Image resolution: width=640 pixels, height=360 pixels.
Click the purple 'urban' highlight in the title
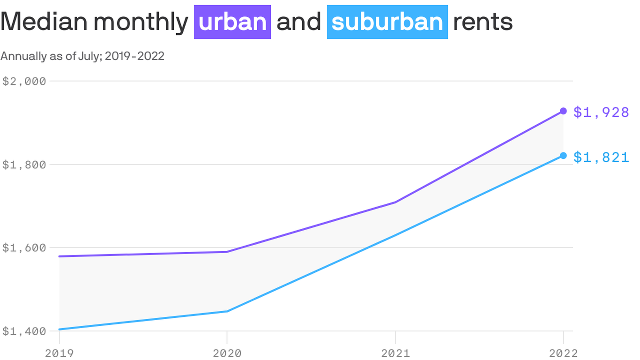(232, 22)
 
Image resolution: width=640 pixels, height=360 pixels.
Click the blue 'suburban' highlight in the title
(387, 22)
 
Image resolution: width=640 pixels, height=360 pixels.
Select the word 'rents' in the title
(483, 22)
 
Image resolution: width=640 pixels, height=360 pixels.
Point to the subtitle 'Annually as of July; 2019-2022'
(82, 56)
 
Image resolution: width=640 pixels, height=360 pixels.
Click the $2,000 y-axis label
(24, 81)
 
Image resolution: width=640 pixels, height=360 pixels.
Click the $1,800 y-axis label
(24, 165)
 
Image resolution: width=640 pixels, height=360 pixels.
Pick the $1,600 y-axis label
(24, 247)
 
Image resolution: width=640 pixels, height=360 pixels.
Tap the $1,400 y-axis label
(24, 331)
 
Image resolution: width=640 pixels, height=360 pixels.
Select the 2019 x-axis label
(59, 352)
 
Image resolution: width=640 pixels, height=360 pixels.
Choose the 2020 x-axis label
(227, 352)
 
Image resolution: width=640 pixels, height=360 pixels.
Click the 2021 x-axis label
(395, 352)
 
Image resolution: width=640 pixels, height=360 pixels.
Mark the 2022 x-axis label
(563, 352)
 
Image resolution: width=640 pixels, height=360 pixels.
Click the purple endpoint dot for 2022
(563, 111)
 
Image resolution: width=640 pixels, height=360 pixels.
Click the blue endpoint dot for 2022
(563, 156)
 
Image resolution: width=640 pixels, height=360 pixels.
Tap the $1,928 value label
(601, 112)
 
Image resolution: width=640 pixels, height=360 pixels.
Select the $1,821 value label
(601, 157)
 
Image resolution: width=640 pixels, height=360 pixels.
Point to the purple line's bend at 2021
(395, 202)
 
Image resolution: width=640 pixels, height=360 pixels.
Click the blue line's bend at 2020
(227, 311)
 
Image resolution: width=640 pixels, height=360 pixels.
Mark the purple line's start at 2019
(60, 256)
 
